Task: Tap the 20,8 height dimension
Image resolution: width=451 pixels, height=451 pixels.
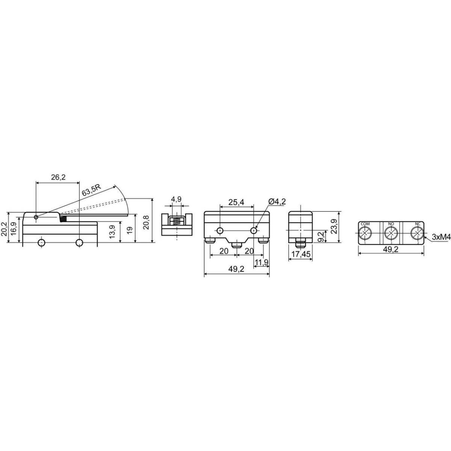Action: click(147, 222)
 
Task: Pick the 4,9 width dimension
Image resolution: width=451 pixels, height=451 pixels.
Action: click(176, 200)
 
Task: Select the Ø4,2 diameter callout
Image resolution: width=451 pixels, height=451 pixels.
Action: click(277, 201)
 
